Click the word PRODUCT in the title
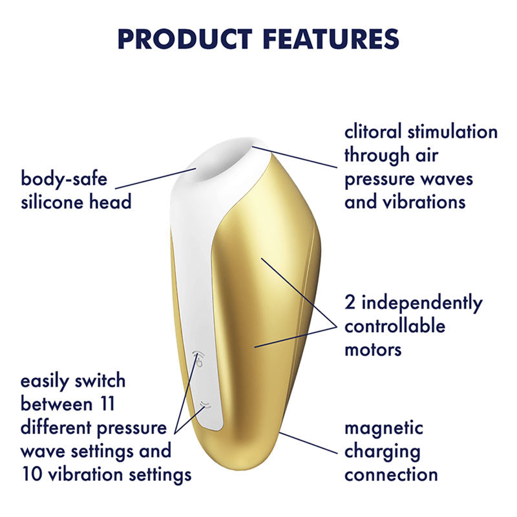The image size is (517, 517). [185, 39]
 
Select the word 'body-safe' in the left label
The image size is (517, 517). [64, 180]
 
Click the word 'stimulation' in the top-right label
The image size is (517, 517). [452, 132]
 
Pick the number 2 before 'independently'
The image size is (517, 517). [350, 302]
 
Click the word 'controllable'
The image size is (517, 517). [395, 326]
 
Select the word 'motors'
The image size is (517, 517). [373, 350]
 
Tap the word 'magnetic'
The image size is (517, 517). [384, 428]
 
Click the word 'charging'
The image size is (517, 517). [383, 452]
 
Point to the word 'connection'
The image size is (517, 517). [391, 475]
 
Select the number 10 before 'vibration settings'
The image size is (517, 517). [29, 474]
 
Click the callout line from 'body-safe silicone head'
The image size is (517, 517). [155, 178]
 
